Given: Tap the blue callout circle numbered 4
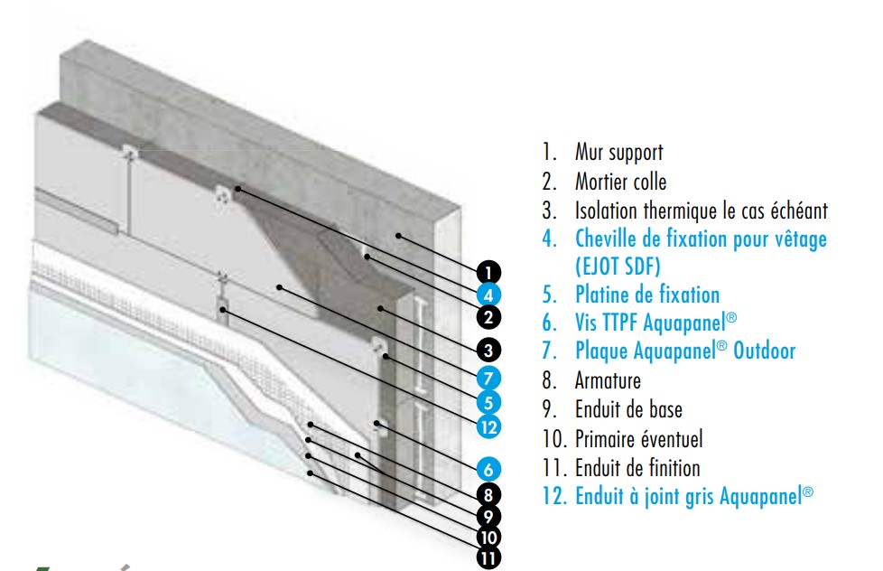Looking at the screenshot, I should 487,295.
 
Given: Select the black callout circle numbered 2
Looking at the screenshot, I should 487,317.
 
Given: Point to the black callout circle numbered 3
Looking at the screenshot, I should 487,350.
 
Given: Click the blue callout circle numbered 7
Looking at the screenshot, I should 487,375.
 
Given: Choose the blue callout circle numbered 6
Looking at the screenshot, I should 487,469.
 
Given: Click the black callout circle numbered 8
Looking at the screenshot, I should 487,494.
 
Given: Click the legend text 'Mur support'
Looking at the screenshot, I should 618,153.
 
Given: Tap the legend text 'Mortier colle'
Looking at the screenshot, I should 620,182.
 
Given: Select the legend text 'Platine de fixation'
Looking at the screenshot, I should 646,295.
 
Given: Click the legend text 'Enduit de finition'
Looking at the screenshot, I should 637,468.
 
